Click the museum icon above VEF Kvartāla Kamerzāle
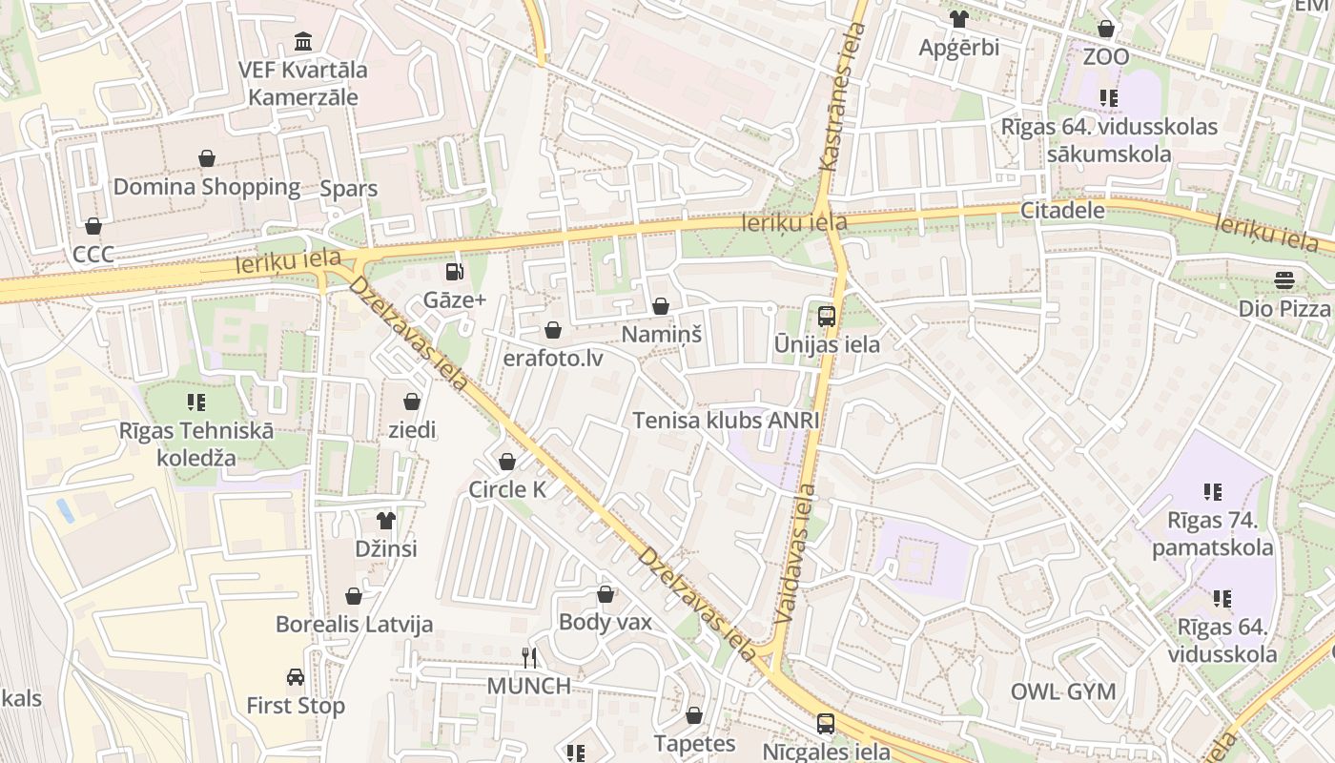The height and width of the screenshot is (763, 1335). tap(303, 42)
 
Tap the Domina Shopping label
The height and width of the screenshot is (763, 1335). tap(207, 187)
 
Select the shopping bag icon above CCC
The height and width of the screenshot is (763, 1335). tap(93, 226)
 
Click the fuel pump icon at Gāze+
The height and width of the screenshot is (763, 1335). tap(455, 272)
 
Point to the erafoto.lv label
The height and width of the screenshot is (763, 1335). tap(553, 359)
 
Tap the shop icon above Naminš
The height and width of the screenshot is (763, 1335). tap(660, 306)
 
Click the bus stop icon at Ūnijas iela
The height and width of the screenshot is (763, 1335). tap(827, 316)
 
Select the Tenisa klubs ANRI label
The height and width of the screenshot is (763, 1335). tap(727, 421)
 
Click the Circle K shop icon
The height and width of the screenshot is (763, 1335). tap(507, 462)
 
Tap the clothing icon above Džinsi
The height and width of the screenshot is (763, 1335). tap(386, 521)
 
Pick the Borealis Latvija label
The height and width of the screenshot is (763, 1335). tap(354, 625)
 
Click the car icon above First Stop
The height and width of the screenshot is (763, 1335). tap(296, 677)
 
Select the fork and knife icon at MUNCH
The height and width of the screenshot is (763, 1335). tap(529, 657)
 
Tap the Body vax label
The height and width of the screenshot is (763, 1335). tap(605, 623)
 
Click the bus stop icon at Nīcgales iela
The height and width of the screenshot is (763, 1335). tap(826, 724)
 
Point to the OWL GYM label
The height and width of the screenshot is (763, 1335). tap(1062, 691)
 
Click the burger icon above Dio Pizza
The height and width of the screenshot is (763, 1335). tap(1284, 280)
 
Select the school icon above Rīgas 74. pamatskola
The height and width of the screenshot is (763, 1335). tap(1212, 492)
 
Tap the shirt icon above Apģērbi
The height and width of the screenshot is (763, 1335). tap(958, 19)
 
